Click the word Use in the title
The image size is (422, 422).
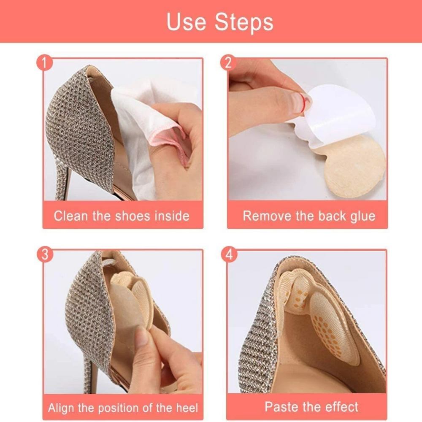186,22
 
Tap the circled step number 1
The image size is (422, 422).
44,63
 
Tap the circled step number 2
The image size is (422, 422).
228,63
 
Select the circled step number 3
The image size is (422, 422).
45,254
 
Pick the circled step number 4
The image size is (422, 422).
229,254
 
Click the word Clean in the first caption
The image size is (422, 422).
71,216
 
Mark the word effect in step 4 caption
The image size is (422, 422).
342,407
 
